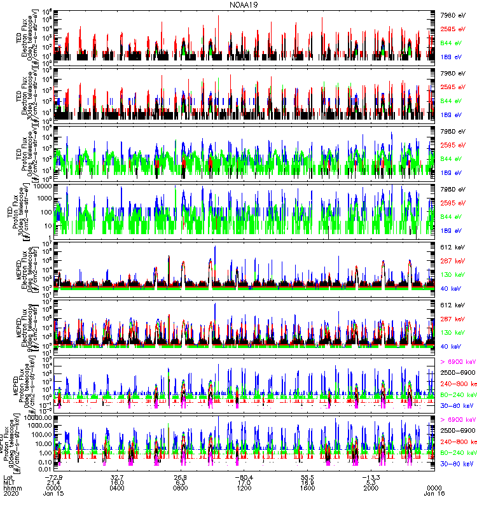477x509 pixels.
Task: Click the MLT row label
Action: coord(8,482)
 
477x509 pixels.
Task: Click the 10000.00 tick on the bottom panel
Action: coord(38,417)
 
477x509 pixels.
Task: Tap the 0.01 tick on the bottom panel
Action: coord(45,470)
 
